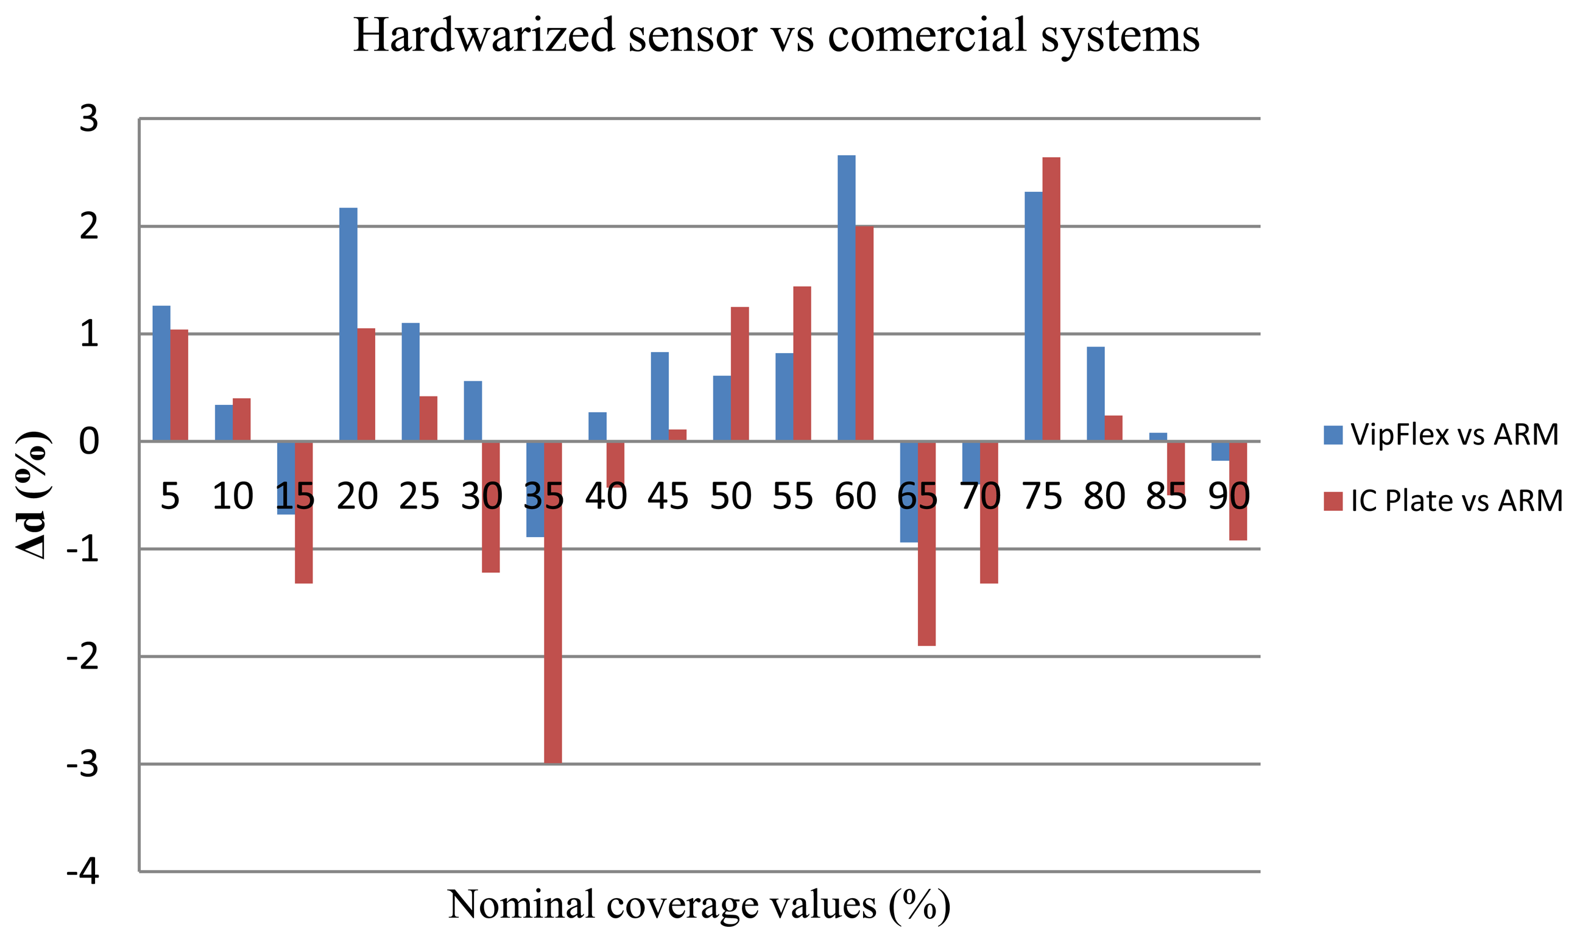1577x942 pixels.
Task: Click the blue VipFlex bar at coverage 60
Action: (845, 298)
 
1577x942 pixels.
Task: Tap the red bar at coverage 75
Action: (1051, 298)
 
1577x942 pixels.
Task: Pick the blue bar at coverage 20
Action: (348, 324)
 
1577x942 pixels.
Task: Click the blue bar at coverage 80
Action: (1095, 393)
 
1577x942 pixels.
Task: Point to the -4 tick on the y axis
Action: (82, 872)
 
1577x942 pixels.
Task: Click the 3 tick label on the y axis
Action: (89, 119)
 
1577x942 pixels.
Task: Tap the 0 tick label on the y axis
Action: (89, 441)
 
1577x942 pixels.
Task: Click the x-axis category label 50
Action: (730, 496)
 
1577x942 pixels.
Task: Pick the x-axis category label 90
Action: (1229, 496)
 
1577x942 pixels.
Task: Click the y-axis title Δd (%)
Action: (32, 495)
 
